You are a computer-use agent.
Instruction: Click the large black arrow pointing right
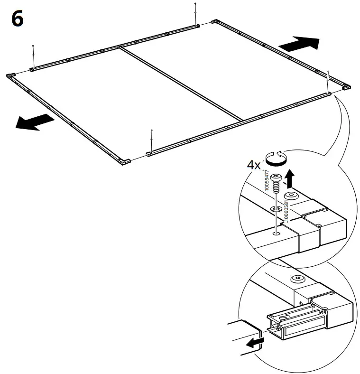pos(299,45)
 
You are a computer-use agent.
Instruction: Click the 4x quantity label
pos(254,165)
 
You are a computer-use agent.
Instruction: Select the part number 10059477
pos(267,180)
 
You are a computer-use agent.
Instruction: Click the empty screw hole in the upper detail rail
pos(276,233)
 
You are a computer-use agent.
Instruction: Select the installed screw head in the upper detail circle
pos(291,196)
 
